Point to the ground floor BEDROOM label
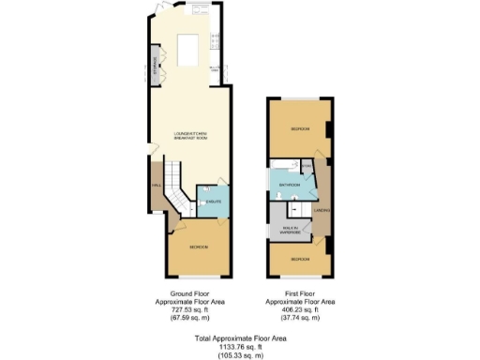click(x=199, y=247)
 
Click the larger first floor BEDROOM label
click(x=298, y=127)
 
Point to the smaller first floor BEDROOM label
click(x=298, y=258)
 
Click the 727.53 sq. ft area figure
click(x=188, y=310)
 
